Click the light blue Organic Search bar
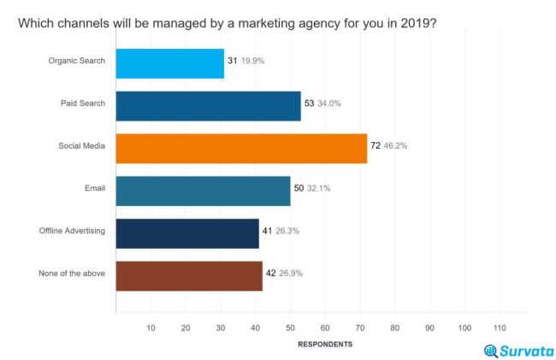(x=169, y=63)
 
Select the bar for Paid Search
(x=208, y=105)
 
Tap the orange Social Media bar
(x=241, y=147)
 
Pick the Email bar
(x=203, y=190)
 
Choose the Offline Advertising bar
(x=187, y=232)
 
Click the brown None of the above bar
(x=189, y=274)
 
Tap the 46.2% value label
(x=395, y=147)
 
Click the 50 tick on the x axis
(x=290, y=328)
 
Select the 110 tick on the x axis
(x=500, y=328)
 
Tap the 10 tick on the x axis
(x=151, y=328)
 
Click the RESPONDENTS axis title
(x=324, y=345)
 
